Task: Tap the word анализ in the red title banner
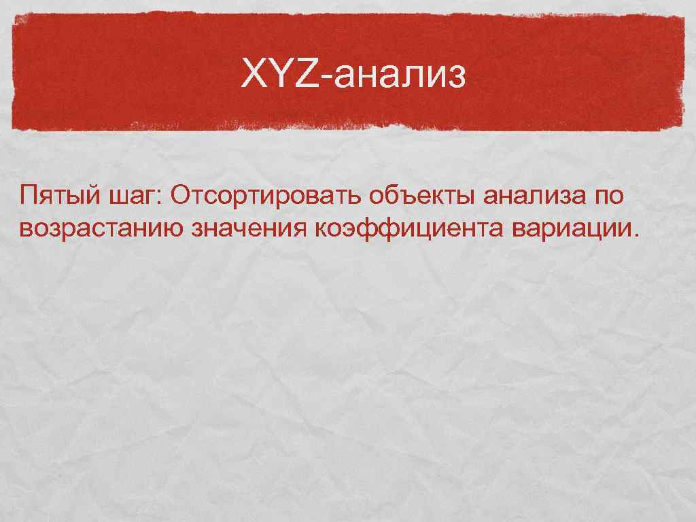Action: click(x=397, y=77)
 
